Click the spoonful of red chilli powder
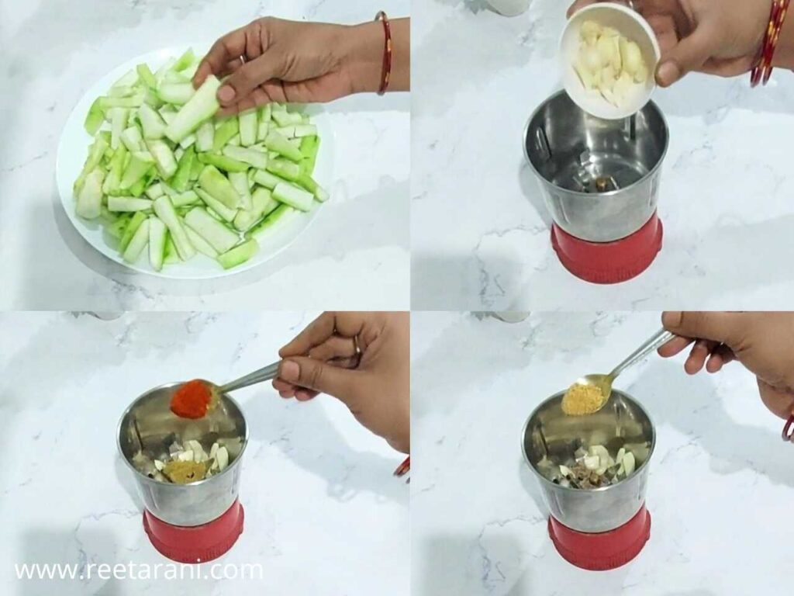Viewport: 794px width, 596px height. [192, 400]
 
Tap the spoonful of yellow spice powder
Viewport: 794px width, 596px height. [584, 398]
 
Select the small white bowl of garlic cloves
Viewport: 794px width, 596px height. [609, 62]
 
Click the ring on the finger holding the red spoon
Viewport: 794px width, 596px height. [356, 351]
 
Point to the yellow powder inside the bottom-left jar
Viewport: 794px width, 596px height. [185, 471]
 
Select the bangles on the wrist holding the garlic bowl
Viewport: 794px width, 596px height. [768, 47]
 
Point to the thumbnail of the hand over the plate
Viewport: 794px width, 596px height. [226, 94]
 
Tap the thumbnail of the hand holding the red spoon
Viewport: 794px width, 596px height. [288, 371]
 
